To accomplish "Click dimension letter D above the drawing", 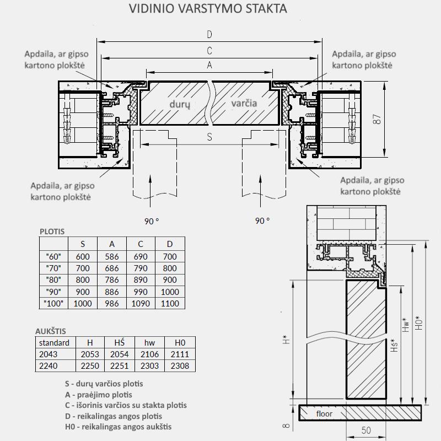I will (209, 35).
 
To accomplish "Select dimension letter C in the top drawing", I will (209, 51).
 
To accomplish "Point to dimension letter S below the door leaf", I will (209, 138).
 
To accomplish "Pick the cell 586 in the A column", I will (112, 256).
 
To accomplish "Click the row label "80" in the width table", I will (53, 279).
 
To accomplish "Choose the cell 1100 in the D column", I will (170, 304).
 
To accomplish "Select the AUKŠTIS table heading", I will (51, 331).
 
